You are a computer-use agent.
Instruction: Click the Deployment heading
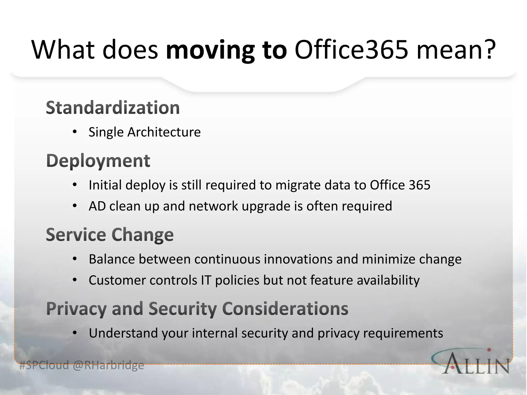point(98,161)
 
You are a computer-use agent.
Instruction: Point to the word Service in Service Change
point(76,235)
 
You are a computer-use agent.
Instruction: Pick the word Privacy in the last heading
point(76,309)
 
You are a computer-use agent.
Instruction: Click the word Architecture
point(164,132)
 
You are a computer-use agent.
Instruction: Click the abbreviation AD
point(97,206)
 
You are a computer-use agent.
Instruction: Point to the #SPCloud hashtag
point(44,365)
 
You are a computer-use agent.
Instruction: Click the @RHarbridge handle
point(108,365)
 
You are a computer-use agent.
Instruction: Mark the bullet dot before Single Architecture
point(75,132)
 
